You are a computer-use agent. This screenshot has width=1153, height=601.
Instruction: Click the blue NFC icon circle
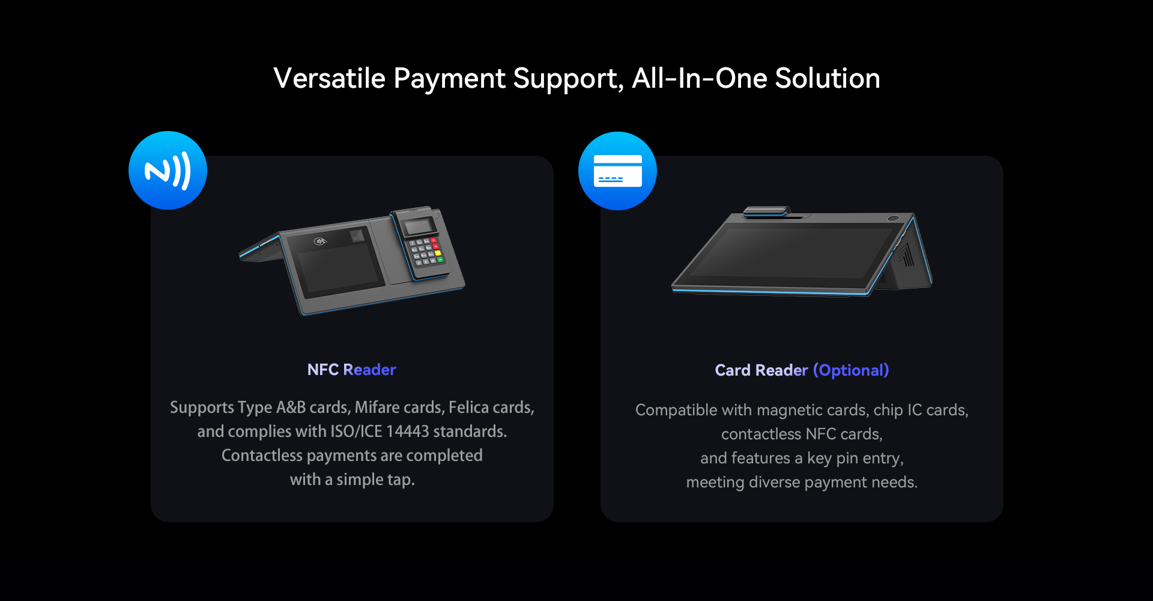pos(168,170)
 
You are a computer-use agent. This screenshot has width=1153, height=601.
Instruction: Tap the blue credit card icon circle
pos(617,171)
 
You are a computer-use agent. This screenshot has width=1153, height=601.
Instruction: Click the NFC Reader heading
pos(351,370)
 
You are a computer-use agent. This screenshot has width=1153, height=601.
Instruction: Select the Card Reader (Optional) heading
pos(802,370)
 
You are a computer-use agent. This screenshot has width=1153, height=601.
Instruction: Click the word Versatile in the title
pos(329,78)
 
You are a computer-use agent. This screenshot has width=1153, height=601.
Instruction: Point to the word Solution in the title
pos(828,78)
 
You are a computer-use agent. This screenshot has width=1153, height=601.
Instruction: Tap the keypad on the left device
pos(426,251)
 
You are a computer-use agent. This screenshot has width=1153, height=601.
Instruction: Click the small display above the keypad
pos(419,227)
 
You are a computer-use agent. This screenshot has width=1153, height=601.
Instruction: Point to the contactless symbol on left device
pos(321,242)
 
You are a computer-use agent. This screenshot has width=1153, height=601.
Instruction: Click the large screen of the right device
pos(793,252)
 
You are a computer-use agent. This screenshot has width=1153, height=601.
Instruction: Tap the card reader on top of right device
pos(766,212)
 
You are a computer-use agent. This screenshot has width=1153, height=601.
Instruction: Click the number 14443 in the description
pos(408,432)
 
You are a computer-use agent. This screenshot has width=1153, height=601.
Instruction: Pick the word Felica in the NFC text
pos(468,407)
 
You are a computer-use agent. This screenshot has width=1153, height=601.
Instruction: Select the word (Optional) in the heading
pos(851,370)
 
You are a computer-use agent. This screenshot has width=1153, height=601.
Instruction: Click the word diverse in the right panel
pos(774,482)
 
